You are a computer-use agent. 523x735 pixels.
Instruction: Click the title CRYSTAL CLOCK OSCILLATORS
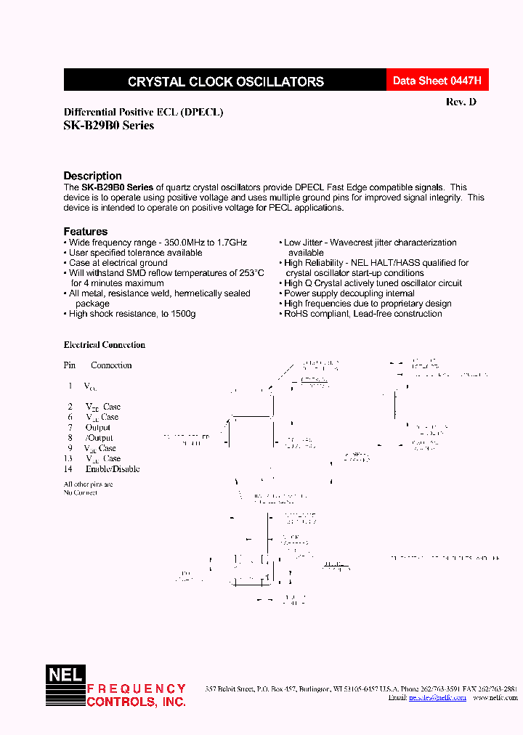point(226,82)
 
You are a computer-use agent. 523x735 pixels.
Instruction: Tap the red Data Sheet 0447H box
point(437,81)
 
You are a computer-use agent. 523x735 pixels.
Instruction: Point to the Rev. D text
point(461,102)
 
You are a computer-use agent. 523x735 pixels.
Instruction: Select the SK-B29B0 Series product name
point(109,125)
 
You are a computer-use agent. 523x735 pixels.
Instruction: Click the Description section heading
point(92,176)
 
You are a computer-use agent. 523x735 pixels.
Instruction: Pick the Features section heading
point(85,232)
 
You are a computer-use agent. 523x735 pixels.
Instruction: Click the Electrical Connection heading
point(105,345)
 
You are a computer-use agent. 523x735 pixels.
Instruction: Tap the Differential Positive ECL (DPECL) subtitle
point(144,113)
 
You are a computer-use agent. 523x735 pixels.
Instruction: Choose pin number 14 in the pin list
point(69,469)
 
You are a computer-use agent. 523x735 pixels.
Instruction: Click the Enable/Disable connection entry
point(113,469)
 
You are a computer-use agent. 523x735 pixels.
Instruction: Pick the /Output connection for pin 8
point(100,438)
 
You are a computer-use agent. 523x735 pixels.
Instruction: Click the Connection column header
point(111,365)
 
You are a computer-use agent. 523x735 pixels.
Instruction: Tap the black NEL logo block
point(66,675)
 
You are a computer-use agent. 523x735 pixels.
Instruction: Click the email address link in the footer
point(431,697)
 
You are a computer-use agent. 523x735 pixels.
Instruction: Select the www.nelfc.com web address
point(495,697)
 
